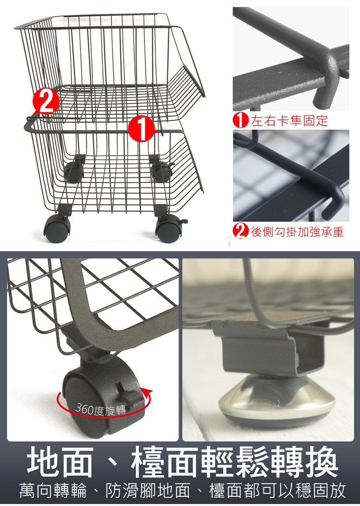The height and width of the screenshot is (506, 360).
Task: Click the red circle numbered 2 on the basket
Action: (x=46, y=101)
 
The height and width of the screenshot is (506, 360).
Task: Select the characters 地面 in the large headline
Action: (x=60, y=462)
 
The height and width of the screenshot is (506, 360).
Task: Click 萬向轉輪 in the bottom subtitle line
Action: (x=53, y=491)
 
